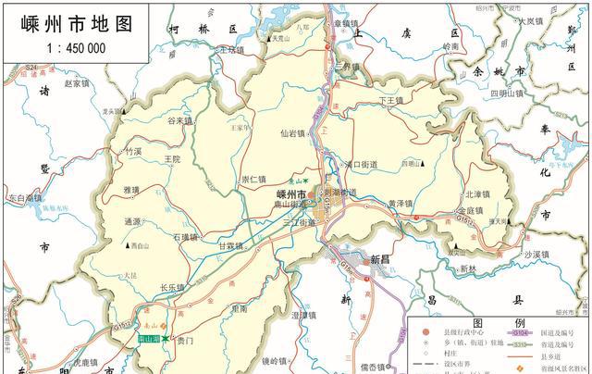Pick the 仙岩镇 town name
coord(292,133)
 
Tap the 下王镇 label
coord(393,99)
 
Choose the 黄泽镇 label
coord(402,203)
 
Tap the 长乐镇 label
coord(173,288)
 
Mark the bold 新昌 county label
coord(382,260)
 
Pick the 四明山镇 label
coord(507,93)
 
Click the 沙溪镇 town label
coord(536,254)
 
